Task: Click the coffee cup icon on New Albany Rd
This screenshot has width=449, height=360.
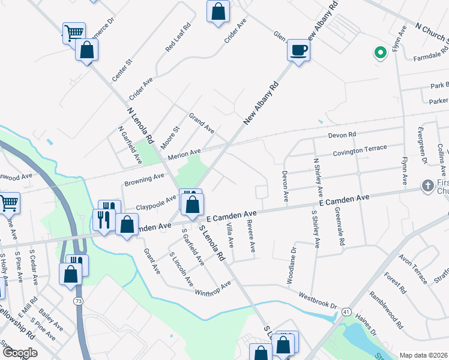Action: (x=298, y=50)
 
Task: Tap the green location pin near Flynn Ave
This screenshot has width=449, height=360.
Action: (x=379, y=53)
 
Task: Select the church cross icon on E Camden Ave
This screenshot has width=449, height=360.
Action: (x=427, y=186)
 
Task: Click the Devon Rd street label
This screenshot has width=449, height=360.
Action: (x=342, y=135)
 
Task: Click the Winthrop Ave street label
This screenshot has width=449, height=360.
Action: (x=212, y=289)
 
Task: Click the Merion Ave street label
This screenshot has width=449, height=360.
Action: (x=184, y=155)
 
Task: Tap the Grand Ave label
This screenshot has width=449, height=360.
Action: (x=202, y=123)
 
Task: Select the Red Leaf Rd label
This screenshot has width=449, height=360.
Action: (x=178, y=36)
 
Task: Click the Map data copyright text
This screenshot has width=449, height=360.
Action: (x=424, y=355)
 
